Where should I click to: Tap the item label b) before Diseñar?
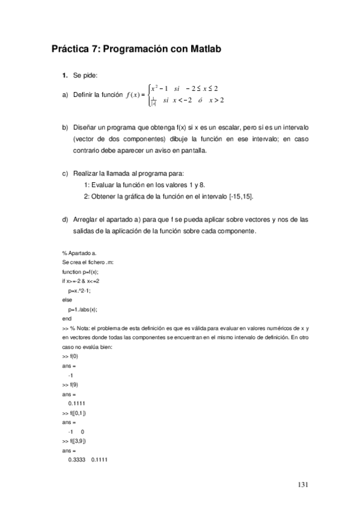click(x=65, y=128)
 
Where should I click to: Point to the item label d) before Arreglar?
click(x=65, y=219)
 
